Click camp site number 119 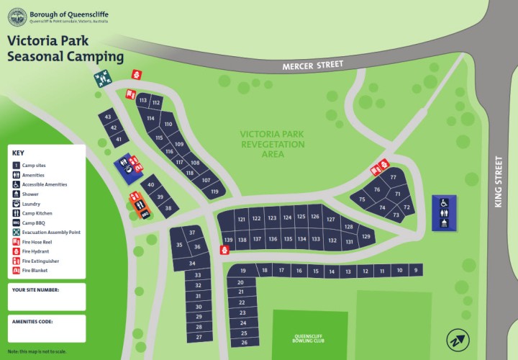click(x=214, y=192)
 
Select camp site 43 click(x=107, y=116)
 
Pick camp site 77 click(x=394, y=177)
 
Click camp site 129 click(x=366, y=237)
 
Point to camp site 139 click(x=229, y=240)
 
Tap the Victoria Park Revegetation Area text click(x=273, y=144)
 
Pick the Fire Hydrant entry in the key click(x=34, y=251)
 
